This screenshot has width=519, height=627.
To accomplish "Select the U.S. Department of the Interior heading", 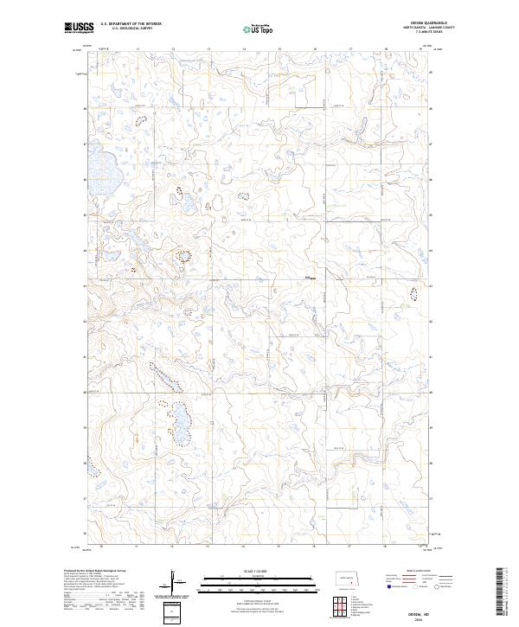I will pos(131,24).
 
